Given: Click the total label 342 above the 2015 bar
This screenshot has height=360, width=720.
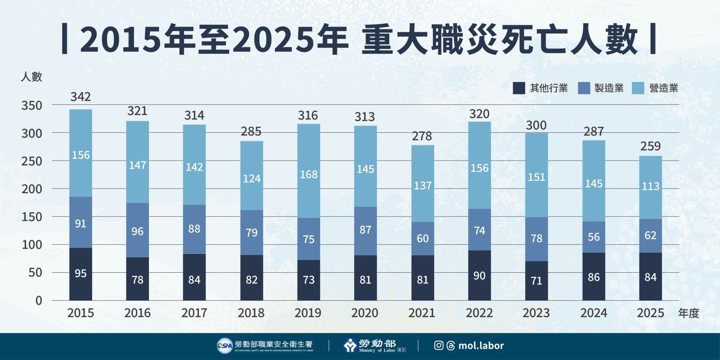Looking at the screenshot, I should pyautogui.click(x=81, y=97).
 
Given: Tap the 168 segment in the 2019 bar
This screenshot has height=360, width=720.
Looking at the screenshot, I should pyautogui.click(x=309, y=174).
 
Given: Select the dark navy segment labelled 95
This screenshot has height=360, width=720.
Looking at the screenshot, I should pyautogui.click(x=81, y=273).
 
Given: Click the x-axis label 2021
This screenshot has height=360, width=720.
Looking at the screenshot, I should pyautogui.click(x=422, y=313).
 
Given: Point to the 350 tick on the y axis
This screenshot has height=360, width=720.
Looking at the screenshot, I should pyautogui.click(x=31, y=106).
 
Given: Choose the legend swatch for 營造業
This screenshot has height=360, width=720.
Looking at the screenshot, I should pyautogui.click(x=638, y=88).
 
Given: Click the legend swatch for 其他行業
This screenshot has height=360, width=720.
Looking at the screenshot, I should pyautogui.click(x=519, y=88).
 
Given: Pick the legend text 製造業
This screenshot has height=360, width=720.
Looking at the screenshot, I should pyautogui.click(x=609, y=88).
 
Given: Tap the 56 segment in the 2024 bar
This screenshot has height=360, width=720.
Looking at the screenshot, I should pyautogui.click(x=594, y=237).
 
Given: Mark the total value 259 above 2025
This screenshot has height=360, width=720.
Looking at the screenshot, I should pyautogui.click(x=650, y=146).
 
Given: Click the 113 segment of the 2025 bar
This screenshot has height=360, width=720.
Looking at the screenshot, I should pyautogui.click(x=650, y=186).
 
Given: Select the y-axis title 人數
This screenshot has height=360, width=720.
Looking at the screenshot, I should pyautogui.click(x=31, y=76).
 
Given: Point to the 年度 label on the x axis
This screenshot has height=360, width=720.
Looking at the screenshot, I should pyautogui.click(x=688, y=313).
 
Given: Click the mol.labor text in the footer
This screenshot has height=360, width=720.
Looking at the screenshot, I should pyautogui.click(x=481, y=346).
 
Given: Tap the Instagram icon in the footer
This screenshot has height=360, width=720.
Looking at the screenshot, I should pyautogui.click(x=439, y=346).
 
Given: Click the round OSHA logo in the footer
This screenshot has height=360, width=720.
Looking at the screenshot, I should pyautogui.click(x=225, y=346).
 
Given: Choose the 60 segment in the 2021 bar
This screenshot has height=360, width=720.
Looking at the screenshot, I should pyautogui.click(x=423, y=238).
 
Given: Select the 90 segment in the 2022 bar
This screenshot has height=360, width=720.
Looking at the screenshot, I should pyautogui.click(x=479, y=275).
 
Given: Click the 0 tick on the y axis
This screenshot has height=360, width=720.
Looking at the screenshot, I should pyautogui.click(x=39, y=301).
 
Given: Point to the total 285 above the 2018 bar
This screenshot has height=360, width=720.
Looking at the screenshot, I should pyautogui.click(x=251, y=131).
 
